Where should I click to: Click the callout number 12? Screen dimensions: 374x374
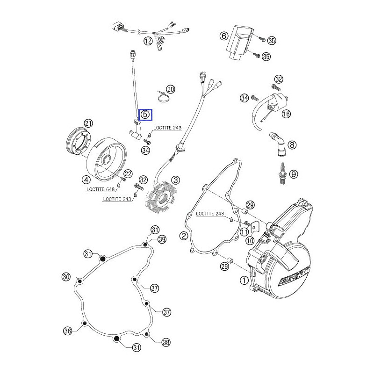148,41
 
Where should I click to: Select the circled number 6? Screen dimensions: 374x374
223,36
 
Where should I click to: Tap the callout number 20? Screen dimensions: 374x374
170,89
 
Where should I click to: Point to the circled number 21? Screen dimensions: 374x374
88,123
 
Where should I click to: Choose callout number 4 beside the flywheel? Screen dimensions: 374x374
86,179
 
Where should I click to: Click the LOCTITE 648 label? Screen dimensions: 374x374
101,190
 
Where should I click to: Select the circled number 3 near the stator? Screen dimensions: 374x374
175,180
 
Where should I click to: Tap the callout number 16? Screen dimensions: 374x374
286,114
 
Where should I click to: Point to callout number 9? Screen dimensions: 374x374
294,174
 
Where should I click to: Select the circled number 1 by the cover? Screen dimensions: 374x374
244,280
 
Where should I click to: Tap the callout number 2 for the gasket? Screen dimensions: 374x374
184,236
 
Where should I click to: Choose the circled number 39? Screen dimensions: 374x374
162,239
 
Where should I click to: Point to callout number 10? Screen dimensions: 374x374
250,240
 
